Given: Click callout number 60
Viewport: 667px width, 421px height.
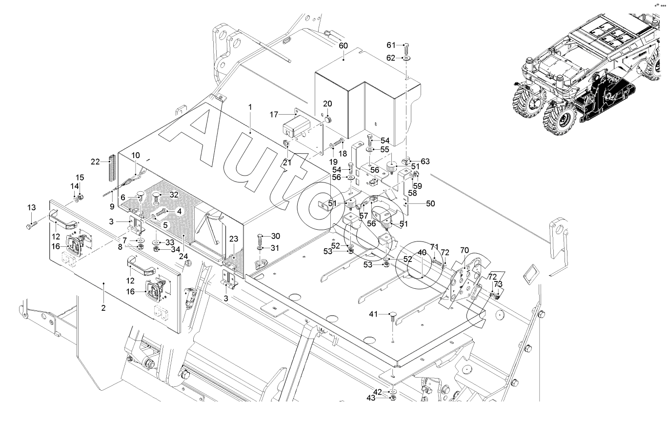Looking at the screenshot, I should point(344,45).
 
